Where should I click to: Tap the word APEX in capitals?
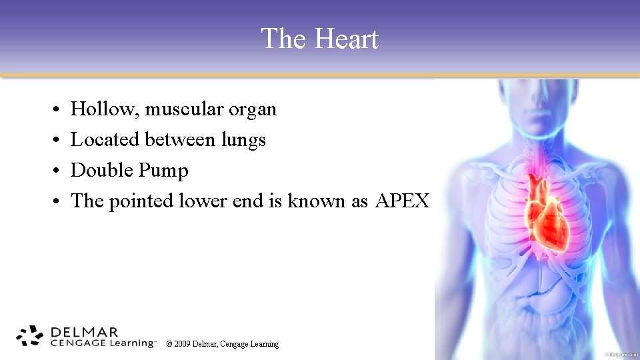tap(402, 201)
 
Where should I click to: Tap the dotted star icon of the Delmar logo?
tap(29, 337)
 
